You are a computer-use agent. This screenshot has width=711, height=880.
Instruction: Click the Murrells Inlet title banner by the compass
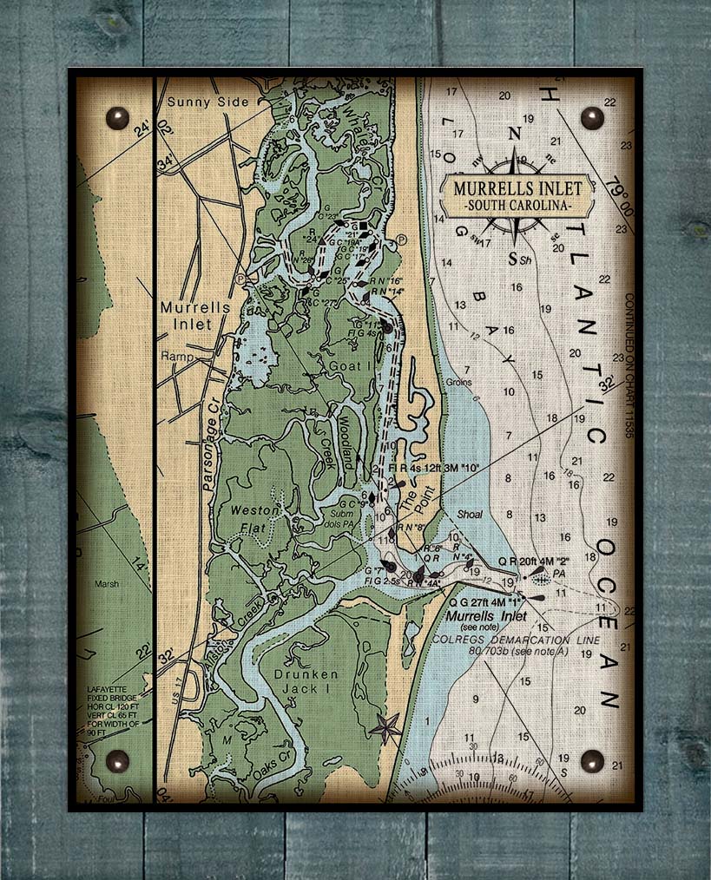click(517, 187)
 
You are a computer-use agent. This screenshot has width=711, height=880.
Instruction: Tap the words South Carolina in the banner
click(517, 206)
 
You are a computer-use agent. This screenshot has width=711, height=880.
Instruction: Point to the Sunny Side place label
click(207, 102)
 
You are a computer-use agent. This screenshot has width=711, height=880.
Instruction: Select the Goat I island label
click(345, 367)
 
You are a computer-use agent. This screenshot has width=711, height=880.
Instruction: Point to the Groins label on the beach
click(459, 382)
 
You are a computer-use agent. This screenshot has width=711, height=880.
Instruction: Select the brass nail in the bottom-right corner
click(592, 760)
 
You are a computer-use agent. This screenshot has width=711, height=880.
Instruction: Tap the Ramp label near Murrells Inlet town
click(174, 357)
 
